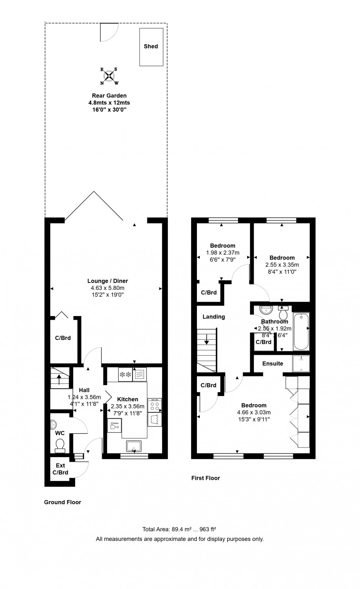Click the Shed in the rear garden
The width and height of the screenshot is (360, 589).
coord(151,47)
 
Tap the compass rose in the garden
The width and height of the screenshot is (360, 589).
coord(109,76)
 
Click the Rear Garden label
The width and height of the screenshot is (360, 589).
coord(109,96)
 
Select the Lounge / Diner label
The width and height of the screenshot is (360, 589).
coord(108,281)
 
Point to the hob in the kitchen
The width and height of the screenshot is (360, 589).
coord(155,405)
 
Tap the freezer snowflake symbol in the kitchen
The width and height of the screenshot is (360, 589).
coord(125,374)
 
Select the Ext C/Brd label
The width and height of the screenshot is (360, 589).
coord(60,469)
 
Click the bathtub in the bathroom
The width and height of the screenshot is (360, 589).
coord(301,331)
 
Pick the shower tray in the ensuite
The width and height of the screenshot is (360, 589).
coord(301,363)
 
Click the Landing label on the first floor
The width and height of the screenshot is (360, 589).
coord(213,317)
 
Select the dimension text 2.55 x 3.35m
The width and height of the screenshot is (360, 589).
coord(282,265)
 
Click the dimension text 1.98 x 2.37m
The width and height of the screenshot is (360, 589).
coord(223,253)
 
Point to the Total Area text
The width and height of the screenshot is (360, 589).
coord(179,529)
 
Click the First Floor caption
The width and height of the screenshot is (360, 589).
coord(206,478)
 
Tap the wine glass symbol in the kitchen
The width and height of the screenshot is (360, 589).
coord(114,425)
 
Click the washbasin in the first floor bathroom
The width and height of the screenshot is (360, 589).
coord(266,310)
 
